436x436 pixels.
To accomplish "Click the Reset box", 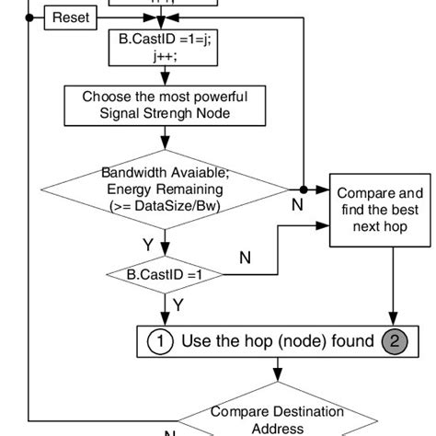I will point(71,17).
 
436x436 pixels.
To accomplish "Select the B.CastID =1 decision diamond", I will point(164,273).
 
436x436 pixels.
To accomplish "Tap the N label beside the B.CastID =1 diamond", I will point(245,258).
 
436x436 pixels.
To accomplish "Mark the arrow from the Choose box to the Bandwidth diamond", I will point(164,139).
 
